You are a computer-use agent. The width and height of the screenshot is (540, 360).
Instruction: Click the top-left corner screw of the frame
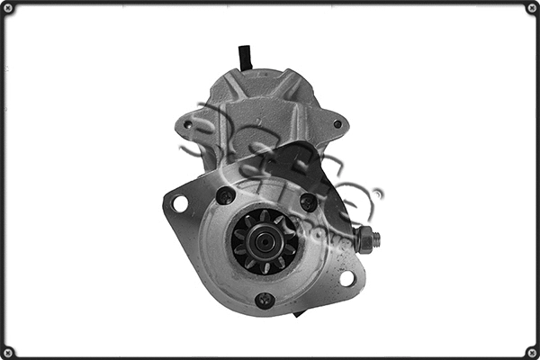pyautogui.click(x=8, y=8)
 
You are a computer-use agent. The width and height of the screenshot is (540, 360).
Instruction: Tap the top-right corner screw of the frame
pyautogui.click(x=531, y=8)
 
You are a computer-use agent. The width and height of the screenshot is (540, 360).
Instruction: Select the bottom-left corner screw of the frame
pyautogui.click(x=8, y=351)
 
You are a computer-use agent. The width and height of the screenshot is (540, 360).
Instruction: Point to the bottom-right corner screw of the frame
pyautogui.click(x=531, y=351)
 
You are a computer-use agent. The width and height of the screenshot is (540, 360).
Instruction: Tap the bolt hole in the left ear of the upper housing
pyautogui.click(x=188, y=124)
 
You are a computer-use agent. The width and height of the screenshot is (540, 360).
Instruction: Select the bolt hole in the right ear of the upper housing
pyautogui.click(x=337, y=124)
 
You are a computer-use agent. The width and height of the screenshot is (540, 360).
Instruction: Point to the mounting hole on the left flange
pyautogui.click(x=179, y=203)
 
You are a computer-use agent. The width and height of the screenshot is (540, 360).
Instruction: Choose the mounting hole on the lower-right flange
pyautogui.click(x=346, y=278)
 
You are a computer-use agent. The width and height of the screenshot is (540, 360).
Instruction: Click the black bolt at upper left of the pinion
pyautogui.click(x=225, y=195)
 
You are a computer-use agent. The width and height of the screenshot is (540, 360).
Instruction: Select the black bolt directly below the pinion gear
pyautogui.click(x=265, y=301)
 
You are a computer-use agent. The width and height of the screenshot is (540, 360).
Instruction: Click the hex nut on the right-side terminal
pyautogui.click(x=364, y=239)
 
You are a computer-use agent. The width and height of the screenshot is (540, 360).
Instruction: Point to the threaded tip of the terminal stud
pyautogui.click(x=376, y=239)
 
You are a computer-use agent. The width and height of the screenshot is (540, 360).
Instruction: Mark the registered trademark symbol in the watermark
pyautogui.click(x=378, y=193)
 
